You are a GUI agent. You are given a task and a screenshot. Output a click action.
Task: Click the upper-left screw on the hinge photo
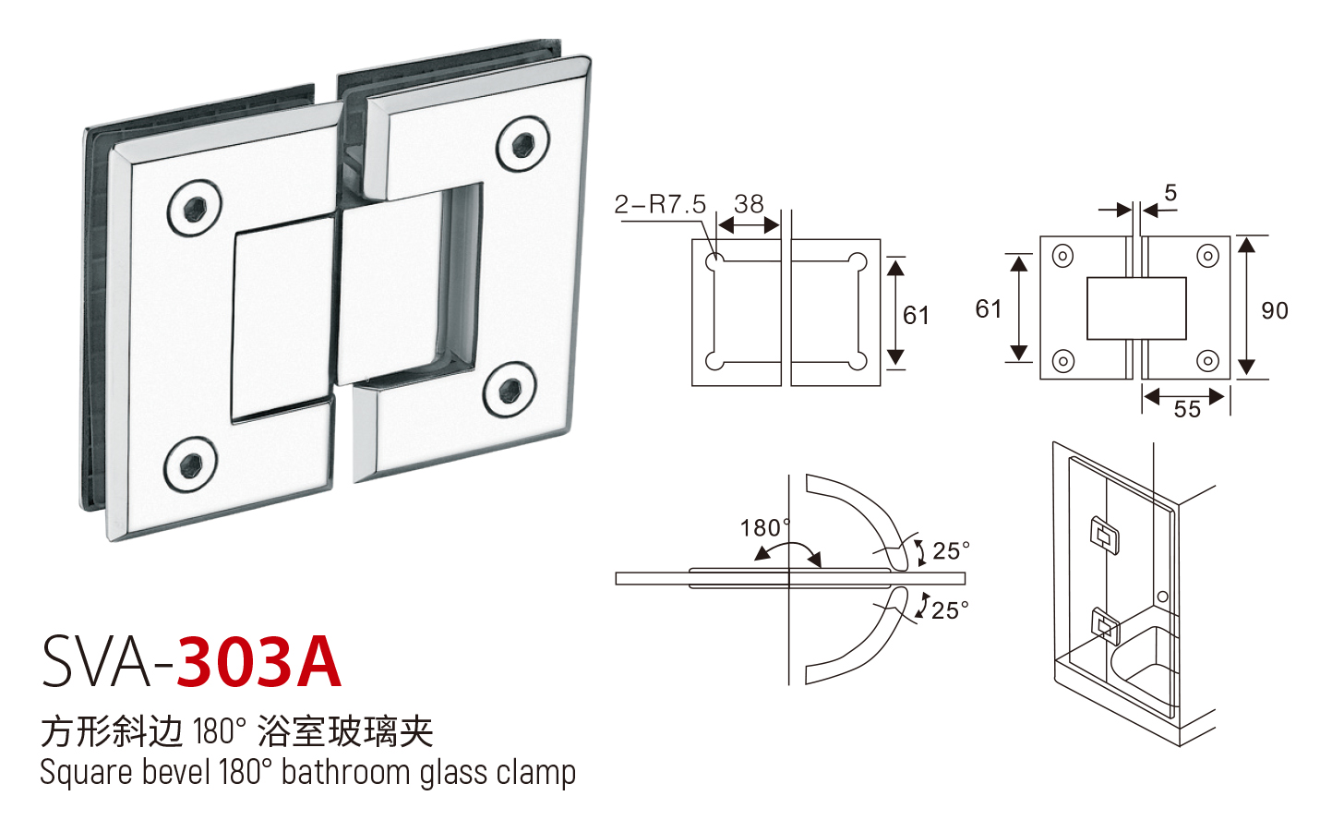(194, 208)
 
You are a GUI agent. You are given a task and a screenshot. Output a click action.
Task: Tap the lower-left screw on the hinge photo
(191, 464)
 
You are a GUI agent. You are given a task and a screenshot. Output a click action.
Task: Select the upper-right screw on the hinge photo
(522, 143)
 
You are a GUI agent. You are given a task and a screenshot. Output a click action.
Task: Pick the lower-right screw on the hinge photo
(510, 390)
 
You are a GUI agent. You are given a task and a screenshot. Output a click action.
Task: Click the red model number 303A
(259, 662)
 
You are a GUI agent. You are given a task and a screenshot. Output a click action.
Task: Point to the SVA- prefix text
(108, 662)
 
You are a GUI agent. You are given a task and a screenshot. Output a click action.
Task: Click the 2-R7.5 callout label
(660, 205)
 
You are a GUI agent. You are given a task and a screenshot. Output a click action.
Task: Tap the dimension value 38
(749, 204)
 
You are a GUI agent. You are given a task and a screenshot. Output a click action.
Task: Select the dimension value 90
(1275, 310)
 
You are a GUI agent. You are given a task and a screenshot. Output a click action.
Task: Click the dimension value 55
(1187, 409)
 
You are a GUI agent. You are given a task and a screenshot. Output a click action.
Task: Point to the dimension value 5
(1170, 193)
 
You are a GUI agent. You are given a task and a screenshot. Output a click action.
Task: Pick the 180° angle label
(765, 528)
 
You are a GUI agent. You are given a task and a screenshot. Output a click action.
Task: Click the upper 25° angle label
(951, 550)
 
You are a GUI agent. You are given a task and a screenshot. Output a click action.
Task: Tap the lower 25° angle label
(950, 610)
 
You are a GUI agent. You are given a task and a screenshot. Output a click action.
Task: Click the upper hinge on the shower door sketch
(1104, 536)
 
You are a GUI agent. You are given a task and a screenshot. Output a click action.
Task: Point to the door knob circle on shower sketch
(1163, 597)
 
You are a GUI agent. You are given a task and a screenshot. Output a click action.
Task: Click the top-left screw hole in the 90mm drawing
(1062, 257)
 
